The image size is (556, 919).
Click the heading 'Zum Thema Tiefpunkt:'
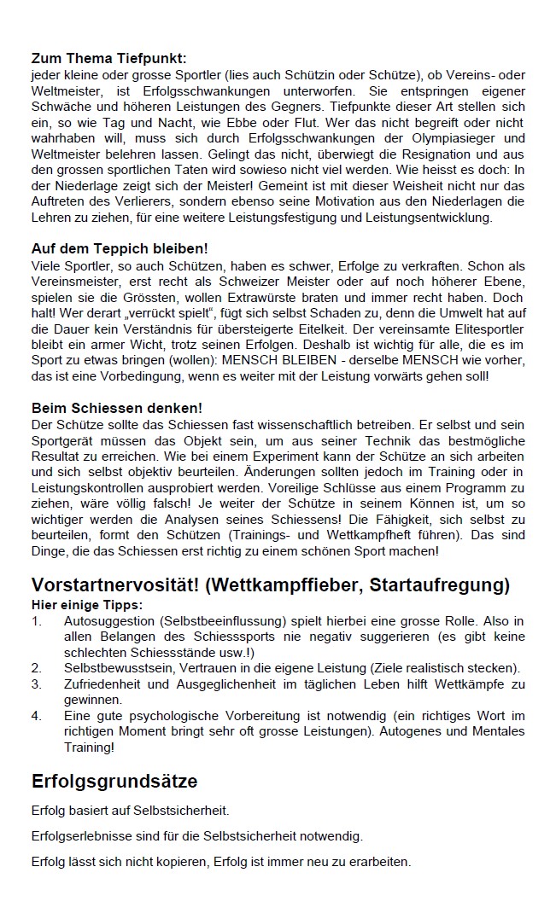[108, 59]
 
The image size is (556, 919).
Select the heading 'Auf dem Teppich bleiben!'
[119, 248]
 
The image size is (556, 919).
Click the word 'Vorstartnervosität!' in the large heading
[116, 585]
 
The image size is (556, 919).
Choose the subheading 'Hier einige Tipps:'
[87, 604]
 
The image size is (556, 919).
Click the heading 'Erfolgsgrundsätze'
[114, 781]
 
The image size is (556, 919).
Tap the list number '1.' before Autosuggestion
[37, 620]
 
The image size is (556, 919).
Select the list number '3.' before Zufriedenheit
[37, 684]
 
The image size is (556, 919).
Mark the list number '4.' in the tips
[37, 715]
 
